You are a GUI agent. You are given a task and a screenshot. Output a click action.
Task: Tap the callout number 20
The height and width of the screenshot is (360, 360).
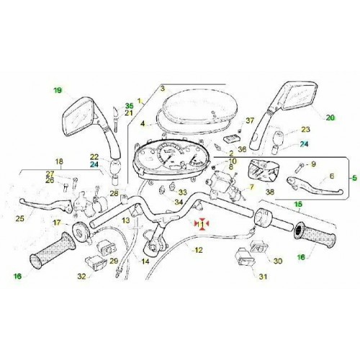330,117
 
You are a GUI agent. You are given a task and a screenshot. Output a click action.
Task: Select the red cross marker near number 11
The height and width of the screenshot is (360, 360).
202,224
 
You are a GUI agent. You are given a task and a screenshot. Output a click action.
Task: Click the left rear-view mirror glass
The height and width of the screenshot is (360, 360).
78,117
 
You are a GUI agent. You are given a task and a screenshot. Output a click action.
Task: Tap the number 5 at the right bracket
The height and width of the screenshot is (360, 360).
354,176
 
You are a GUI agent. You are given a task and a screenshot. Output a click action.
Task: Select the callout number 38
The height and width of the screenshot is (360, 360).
269,193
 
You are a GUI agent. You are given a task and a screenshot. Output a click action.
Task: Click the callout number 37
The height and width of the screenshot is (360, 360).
250,120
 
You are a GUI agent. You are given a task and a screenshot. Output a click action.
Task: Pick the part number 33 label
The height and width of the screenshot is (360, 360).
182,192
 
